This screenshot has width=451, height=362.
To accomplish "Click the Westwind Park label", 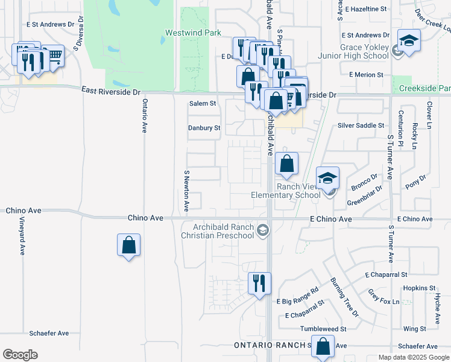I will coord(193,33).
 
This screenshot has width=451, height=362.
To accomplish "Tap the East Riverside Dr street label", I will coord(111,91).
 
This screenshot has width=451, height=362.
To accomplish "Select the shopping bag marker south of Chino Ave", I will coord(128,246).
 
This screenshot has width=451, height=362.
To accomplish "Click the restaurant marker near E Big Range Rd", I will coord(260,284).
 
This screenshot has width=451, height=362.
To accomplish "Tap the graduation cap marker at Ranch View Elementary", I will coord(327,179).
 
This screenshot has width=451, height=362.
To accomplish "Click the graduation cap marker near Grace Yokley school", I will coord(409,42).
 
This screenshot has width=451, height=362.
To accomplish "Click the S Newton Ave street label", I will coord(186,190).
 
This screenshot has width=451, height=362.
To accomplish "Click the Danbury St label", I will coord(204,128).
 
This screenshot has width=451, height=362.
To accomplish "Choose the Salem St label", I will coord(203,104).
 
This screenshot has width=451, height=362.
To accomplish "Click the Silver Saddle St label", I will coord(361,125).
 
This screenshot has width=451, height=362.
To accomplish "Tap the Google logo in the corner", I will coord(20,355).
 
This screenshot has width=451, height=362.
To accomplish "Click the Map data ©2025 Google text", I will coord(413,357).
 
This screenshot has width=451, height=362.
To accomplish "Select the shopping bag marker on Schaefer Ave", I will coord(323,348).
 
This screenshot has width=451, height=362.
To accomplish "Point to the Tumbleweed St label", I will coord(326,329).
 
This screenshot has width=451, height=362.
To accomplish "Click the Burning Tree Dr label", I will coord(344,297).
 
